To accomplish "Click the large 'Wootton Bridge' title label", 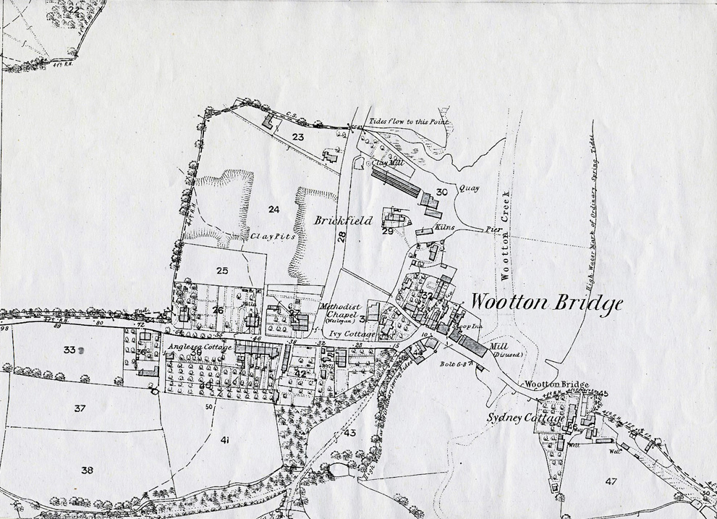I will [x=546, y=303].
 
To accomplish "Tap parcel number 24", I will [x=273, y=210].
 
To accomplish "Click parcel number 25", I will [x=222, y=271].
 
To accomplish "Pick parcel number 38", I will [x=88, y=470].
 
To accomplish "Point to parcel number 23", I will [x=298, y=136].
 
